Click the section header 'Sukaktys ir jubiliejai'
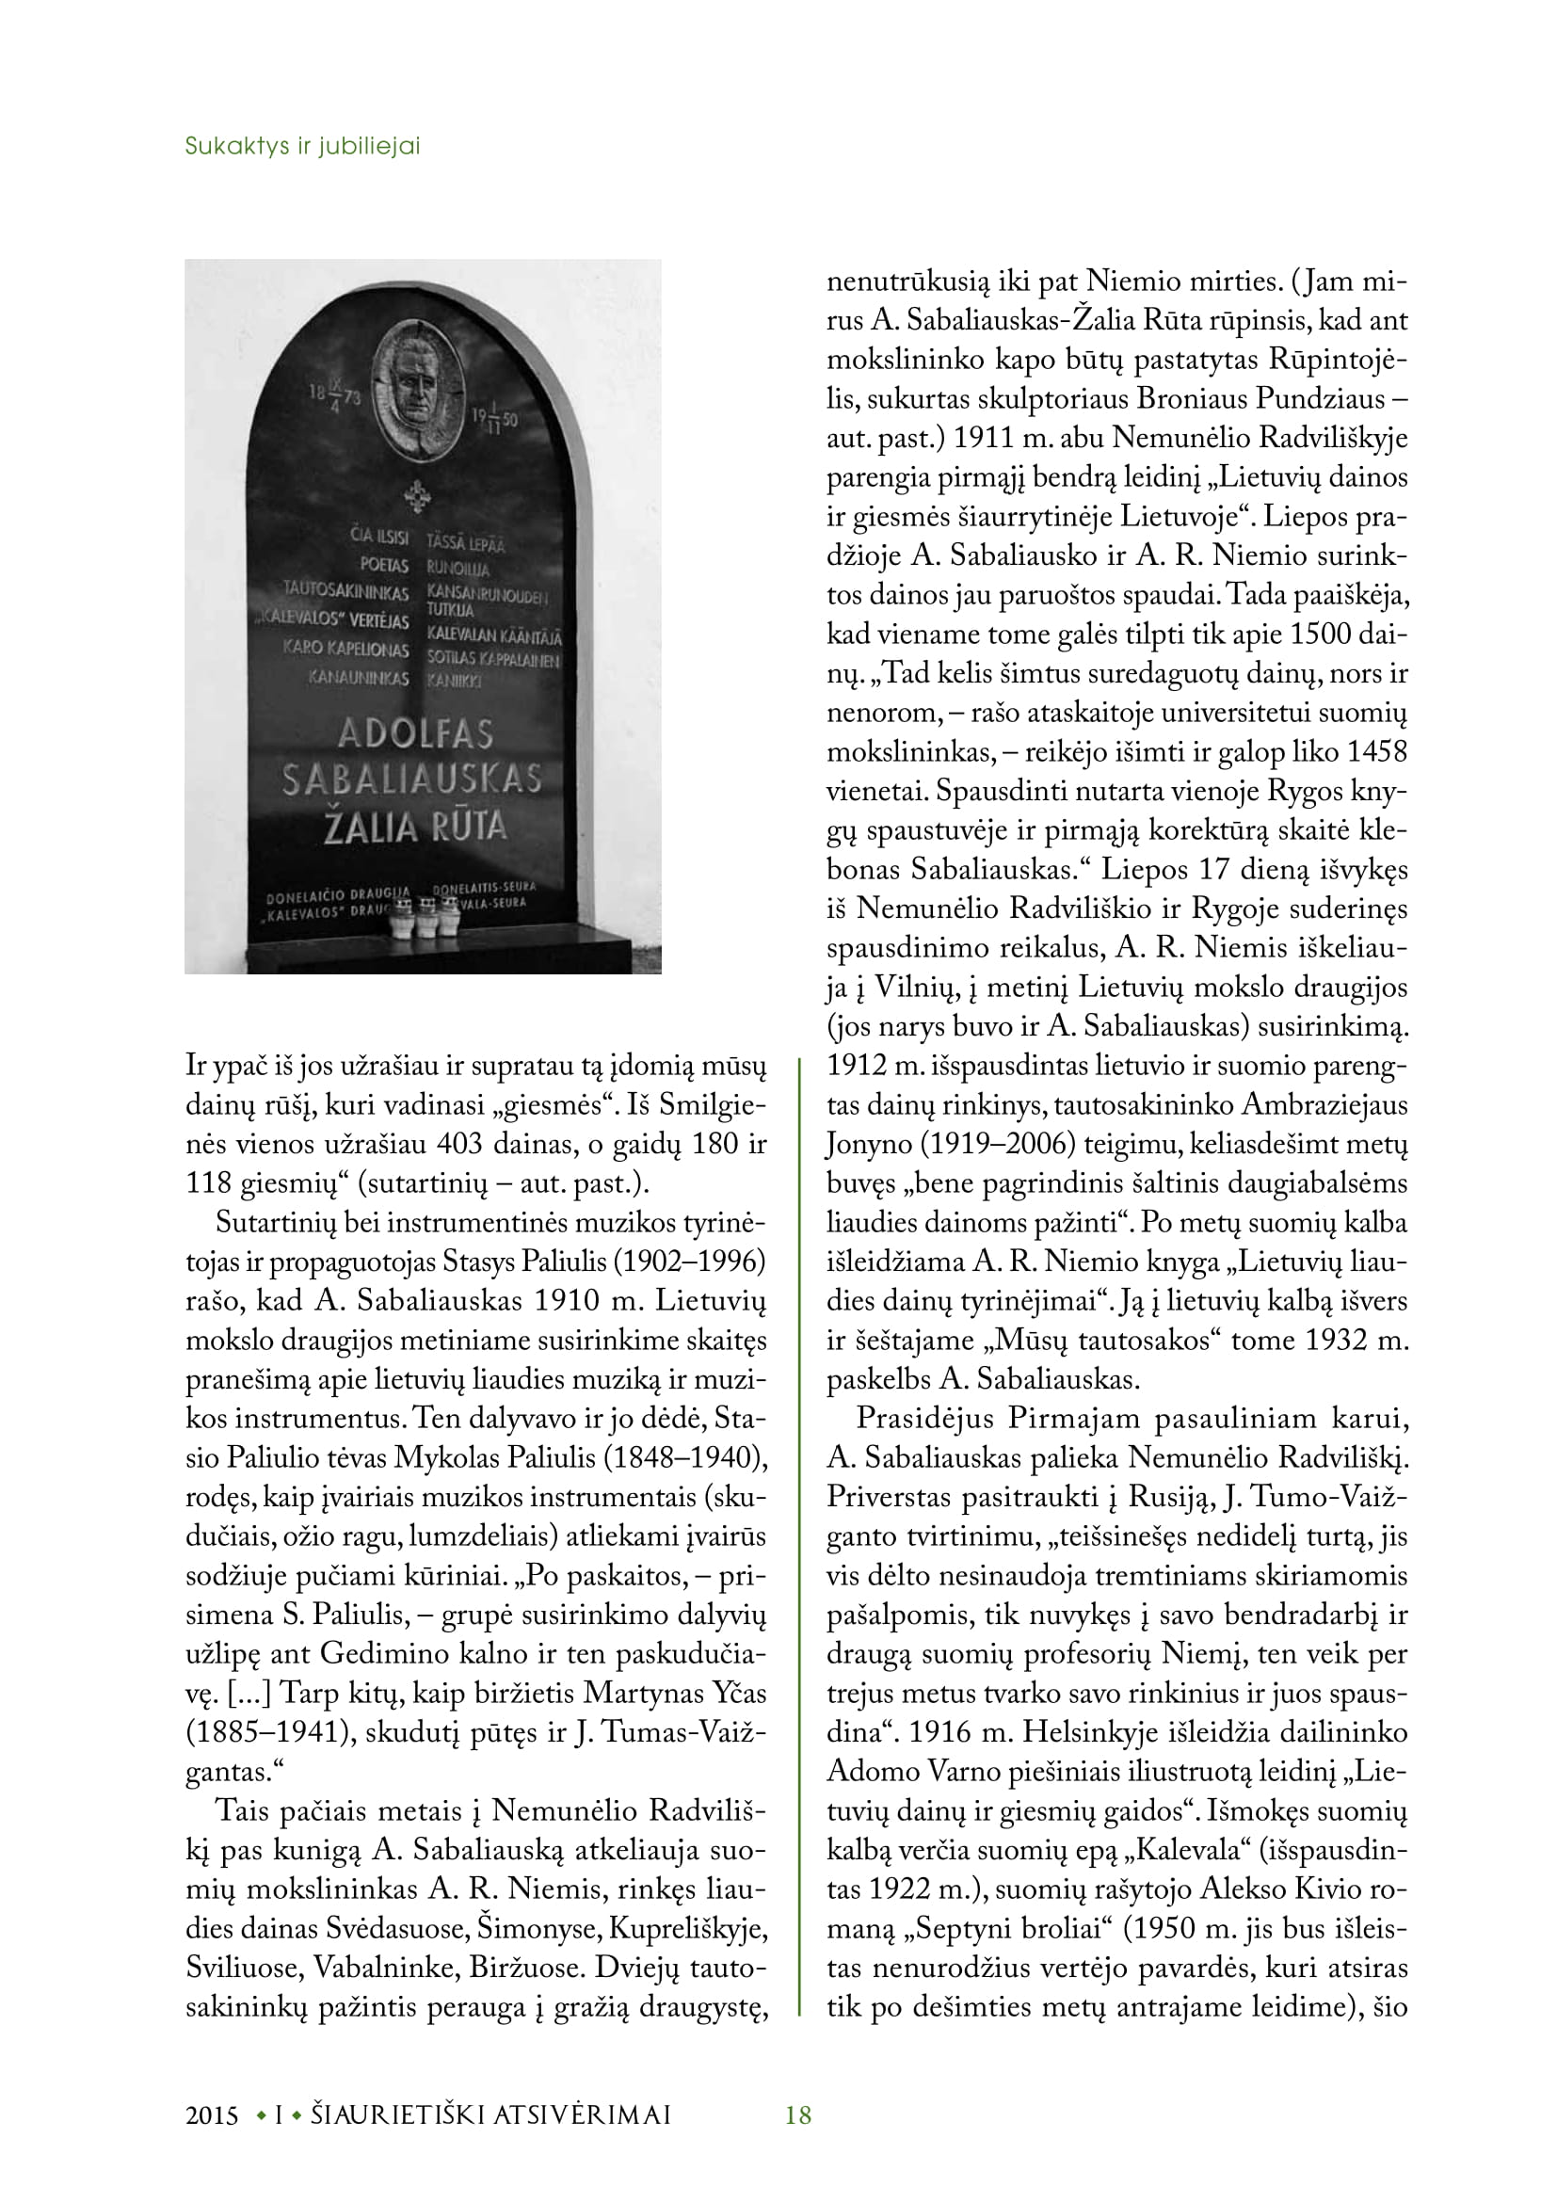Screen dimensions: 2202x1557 302,147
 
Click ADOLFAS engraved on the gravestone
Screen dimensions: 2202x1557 415,733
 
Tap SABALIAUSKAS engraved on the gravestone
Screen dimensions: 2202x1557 412,779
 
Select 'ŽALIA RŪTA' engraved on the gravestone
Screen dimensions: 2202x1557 415,827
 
